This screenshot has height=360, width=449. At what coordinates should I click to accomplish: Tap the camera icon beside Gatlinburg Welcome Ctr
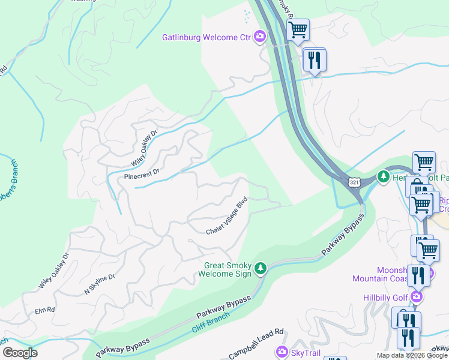tap(260, 37)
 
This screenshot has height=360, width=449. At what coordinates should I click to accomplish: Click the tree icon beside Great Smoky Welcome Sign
tap(260, 268)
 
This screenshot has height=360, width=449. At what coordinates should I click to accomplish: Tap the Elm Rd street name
tap(45, 310)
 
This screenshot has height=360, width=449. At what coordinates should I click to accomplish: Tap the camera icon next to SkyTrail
tap(281, 352)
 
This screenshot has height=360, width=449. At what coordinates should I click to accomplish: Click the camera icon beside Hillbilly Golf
tap(416, 296)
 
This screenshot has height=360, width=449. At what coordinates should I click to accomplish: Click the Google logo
tap(20, 353)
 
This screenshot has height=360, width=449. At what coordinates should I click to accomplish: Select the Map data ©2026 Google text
tap(412, 355)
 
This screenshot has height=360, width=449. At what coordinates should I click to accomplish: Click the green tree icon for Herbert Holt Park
tap(383, 176)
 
